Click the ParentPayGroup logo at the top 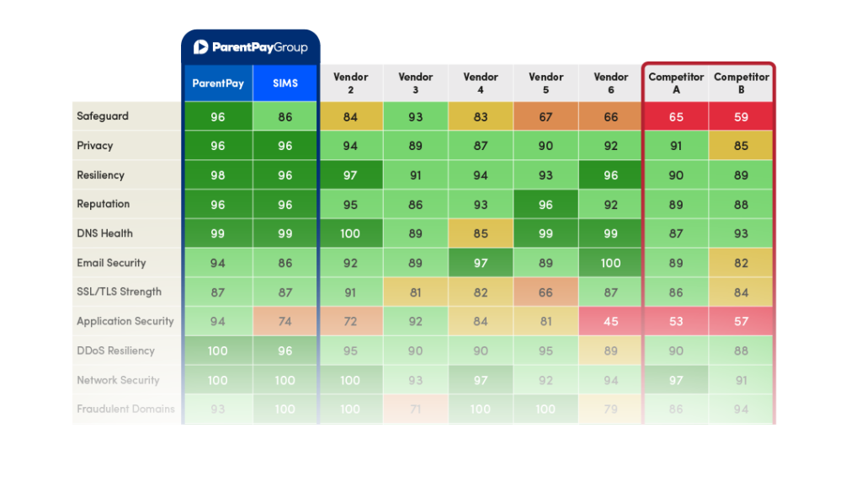click(x=250, y=47)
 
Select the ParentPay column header click(x=217, y=83)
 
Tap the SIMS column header click(x=285, y=83)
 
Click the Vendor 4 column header click(x=481, y=83)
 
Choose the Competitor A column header click(x=676, y=83)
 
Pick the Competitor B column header click(x=741, y=83)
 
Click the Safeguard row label click(x=103, y=116)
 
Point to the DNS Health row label click(x=104, y=233)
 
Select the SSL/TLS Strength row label click(x=119, y=292)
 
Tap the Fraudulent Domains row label click(x=125, y=409)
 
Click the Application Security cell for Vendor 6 click(x=610, y=321)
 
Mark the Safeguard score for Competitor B click(x=741, y=117)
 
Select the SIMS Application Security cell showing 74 click(x=285, y=321)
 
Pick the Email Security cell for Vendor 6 click(x=610, y=263)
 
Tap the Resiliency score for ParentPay click(x=217, y=175)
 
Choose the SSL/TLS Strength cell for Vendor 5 click(x=545, y=292)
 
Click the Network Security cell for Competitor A click(x=676, y=380)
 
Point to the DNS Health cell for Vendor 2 click(x=350, y=233)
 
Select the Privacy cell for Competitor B click(x=741, y=146)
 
